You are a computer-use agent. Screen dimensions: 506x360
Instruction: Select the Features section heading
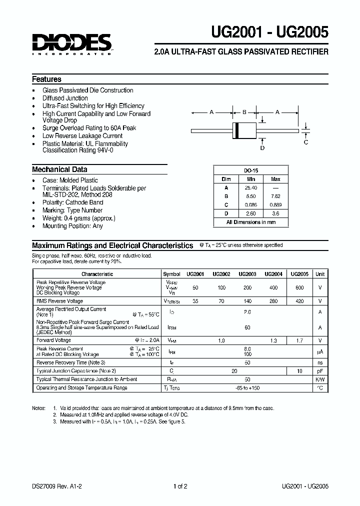coord(46,79)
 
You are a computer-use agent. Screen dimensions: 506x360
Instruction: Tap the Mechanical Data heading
coord(59,169)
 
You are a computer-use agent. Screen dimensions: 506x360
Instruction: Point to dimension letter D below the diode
coord(262,148)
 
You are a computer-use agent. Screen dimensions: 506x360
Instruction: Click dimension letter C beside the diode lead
coord(306,141)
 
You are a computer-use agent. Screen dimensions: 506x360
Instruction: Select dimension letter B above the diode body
coord(244,112)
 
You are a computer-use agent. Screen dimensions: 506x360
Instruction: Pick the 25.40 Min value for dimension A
coord(251,188)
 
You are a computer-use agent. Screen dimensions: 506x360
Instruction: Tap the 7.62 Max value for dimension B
coord(275,196)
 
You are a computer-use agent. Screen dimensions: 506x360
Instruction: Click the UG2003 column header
coord(247,274)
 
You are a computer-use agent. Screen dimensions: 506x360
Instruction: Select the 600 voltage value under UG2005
coord(299,288)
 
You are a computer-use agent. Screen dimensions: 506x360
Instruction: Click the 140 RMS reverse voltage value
coord(247,301)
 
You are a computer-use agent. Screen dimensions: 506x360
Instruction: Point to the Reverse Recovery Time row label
coord(71,362)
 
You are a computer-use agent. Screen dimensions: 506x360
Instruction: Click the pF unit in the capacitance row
coord(320,371)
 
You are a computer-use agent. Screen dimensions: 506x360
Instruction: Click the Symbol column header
coord(171,274)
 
